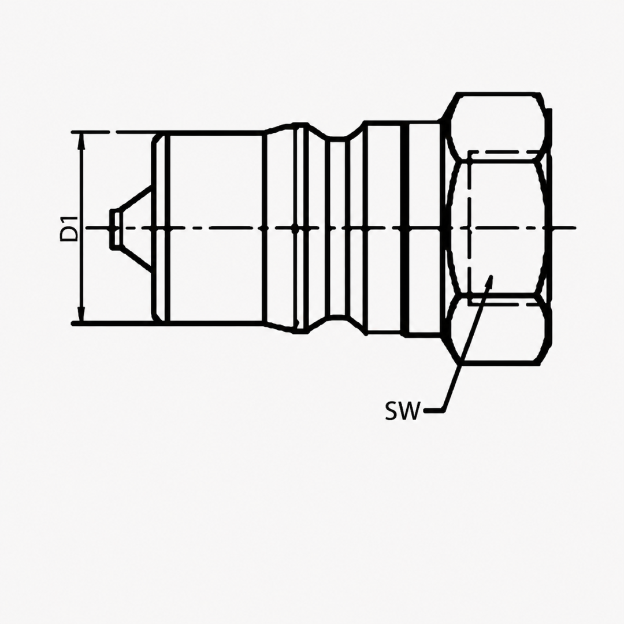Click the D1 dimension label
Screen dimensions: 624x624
pyautogui.click(x=69, y=228)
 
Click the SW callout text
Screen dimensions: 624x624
pyautogui.click(x=402, y=411)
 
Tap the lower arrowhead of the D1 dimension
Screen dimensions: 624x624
pyautogui.click(x=82, y=314)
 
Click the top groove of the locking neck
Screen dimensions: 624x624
pyautogui.click(x=337, y=138)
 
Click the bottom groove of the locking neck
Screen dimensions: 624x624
pyautogui.click(x=337, y=318)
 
